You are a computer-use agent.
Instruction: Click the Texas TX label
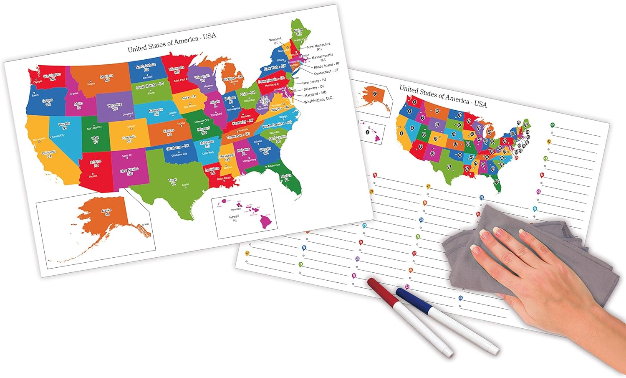click(173, 181)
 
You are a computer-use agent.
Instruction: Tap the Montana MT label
click(107, 78)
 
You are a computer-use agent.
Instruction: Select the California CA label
click(49, 154)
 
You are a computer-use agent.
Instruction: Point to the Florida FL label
click(286, 178)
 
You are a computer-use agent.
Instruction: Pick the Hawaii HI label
click(234, 218)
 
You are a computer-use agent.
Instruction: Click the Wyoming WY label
click(115, 107)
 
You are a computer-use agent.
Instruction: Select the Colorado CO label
click(129, 139)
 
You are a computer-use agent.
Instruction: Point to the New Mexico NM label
click(129, 171)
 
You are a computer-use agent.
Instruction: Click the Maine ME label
click(298, 32)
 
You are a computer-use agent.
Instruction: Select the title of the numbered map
click(443, 96)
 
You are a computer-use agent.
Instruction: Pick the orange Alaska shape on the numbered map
click(375, 96)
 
